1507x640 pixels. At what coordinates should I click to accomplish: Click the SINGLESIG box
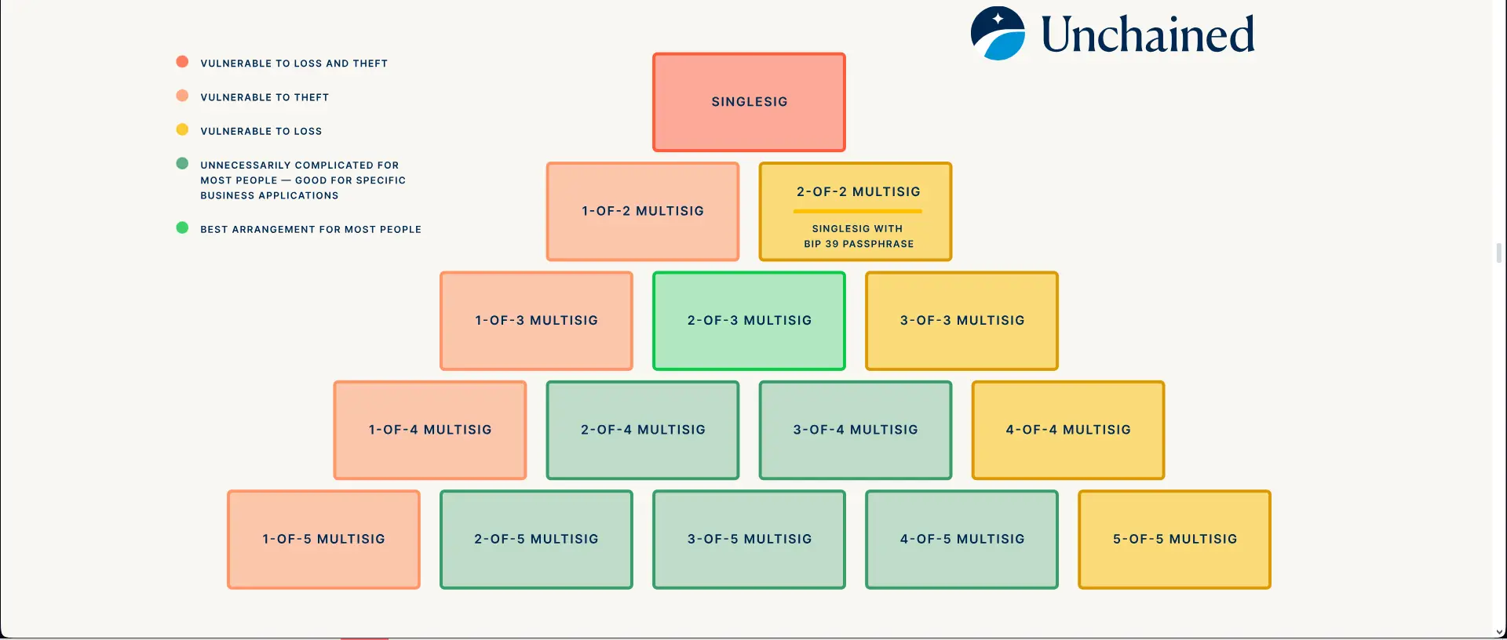[x=749, y=102]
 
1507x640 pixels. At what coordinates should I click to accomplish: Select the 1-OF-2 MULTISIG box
[x=643, y=211]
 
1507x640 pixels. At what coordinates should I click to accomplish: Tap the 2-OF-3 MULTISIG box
[x=749, y=321]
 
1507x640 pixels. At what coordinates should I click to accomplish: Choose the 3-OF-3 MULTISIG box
[x=961, y=321]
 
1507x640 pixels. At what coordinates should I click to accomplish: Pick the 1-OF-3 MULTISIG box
[x=536, y=321]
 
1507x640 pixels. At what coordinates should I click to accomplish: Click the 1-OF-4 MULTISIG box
[x=430, y=430]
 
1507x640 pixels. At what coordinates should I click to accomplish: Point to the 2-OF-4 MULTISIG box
[x=643, y=430]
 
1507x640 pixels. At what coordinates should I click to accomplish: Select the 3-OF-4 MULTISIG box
[x=856, y=430]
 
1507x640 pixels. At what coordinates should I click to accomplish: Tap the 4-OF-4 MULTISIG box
[x=1068, y=430]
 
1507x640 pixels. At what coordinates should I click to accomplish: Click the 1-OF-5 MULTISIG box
[x=323, y=540]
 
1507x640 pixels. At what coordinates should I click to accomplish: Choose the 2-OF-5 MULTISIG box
[x=536, y=540]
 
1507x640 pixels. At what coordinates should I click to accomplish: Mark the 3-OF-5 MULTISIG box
[x=749, y=540]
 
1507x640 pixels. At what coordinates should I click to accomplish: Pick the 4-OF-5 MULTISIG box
[x=961, y=540]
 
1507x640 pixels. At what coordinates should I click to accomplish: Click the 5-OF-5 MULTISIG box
[x=1174, y=540]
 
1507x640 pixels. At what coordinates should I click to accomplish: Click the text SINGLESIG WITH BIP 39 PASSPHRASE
[x=859, y=236]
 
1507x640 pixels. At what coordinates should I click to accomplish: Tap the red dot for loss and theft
[x=182, y=62]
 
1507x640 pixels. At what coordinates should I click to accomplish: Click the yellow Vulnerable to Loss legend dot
[x=182, y=129]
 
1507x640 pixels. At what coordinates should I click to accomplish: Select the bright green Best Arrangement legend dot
[x=182, y=227]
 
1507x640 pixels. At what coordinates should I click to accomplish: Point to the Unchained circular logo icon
[x=998, y=34]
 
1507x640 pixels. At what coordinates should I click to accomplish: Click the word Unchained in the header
[x=1148, y=35]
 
